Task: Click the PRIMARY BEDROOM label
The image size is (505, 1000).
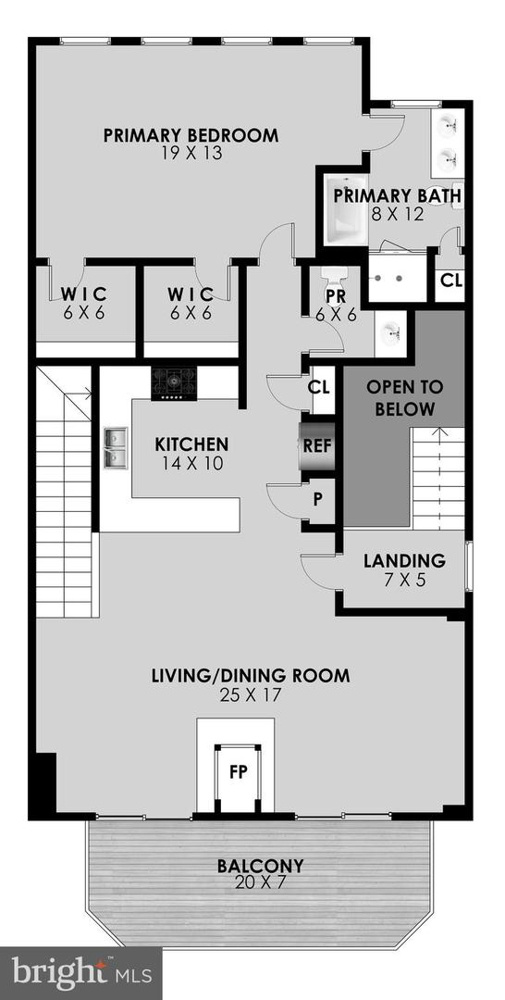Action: [x=191, y=135]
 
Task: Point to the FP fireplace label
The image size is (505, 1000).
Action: [x=238, y=770]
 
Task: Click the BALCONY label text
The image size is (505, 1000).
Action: [x=260, y=867]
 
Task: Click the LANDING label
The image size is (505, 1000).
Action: [x=404, y=560]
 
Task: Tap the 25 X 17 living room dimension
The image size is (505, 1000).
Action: [x=250, y=694]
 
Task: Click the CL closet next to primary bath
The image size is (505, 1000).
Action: [x=450, y=280]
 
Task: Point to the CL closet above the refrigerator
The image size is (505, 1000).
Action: [x=319, y=387]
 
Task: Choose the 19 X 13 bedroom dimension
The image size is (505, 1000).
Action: [x=191, y=154]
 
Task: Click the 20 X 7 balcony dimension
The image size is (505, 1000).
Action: [x=260, y=884]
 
